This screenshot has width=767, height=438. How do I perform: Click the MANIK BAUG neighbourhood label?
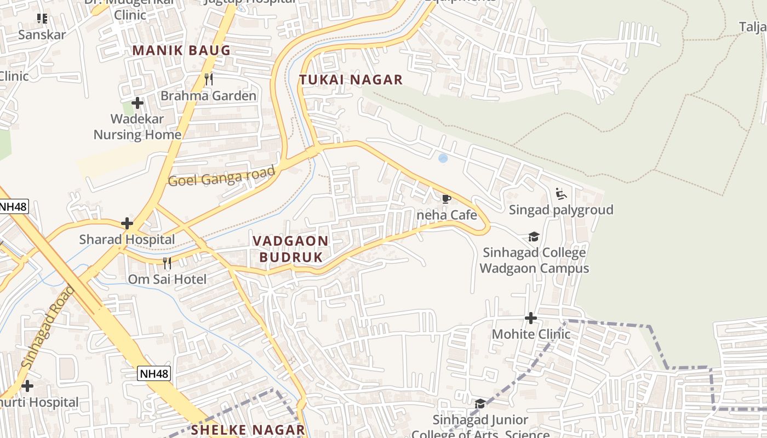(181, 51)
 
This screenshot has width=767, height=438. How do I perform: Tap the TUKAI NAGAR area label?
(351, 80)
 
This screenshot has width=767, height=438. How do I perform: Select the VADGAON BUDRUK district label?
(290, 249)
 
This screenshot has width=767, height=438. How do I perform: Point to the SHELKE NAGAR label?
(248, 430)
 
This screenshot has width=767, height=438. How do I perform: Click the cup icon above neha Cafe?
(446, 199)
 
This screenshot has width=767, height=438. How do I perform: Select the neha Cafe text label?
(447, 215)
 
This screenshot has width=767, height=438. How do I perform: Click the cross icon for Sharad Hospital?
(127, 223)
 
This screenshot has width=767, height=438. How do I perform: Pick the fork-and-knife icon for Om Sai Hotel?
(167, 263)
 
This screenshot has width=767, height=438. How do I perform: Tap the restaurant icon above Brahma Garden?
(208, 79)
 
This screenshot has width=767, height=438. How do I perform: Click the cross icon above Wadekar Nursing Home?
(138, 102)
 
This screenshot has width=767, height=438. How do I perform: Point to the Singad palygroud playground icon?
(561, 194)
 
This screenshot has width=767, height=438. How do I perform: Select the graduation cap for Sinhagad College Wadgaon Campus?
(534, 237)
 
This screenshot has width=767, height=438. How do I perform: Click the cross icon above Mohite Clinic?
(530, 318)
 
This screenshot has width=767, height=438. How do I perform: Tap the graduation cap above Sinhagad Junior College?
(480, 404)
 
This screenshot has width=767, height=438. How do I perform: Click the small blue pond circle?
(443, 158)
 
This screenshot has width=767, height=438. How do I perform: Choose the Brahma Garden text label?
(208, 96)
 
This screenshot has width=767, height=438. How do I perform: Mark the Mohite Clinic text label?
(531, 334)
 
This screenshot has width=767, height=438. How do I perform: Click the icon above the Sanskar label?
(42, 19)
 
